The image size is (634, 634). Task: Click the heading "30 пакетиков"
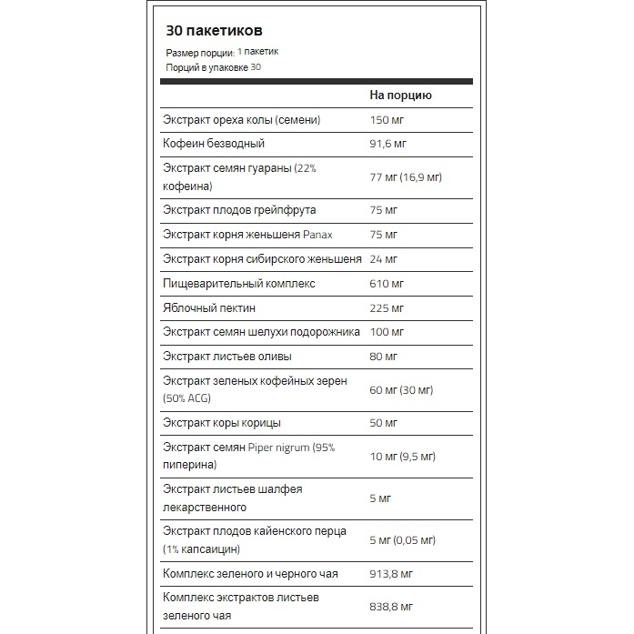point(215,30)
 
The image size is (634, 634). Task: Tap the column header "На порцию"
point(400,95)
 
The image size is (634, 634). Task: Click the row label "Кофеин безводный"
point(213,144)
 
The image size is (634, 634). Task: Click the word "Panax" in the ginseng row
point(325,235)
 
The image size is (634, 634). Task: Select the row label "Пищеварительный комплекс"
point(238,284)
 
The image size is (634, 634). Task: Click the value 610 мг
point(387,284)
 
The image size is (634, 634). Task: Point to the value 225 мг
point(387,308)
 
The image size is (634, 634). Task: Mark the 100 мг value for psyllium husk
point(387,332)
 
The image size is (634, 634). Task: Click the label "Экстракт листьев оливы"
point(226,357)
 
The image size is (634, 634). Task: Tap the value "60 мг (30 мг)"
point(401,389)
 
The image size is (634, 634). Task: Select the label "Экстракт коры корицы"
point(221,423)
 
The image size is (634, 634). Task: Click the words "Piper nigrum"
point(279,447)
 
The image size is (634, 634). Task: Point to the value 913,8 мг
point(392,574)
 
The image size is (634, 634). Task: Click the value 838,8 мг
point(392,607)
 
